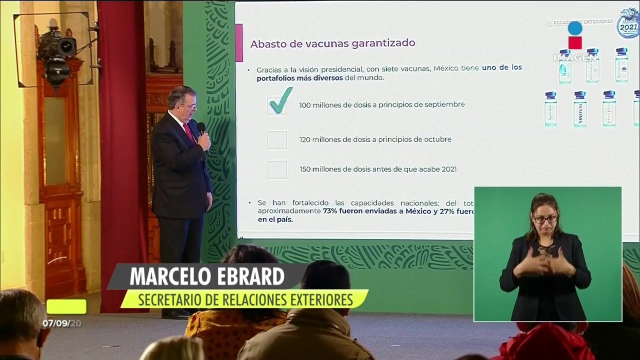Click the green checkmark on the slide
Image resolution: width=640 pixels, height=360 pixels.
point(280,101)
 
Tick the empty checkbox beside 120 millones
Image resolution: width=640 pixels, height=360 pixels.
point(276,140)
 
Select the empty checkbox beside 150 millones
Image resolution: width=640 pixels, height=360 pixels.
point(277,169)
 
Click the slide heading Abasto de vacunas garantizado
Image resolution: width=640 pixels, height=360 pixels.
point(332,43)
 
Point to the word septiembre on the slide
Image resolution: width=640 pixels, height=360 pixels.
point(444,104)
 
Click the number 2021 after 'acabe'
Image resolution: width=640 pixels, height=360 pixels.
point(449,169)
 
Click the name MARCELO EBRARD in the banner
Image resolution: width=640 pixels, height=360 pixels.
point(207,276)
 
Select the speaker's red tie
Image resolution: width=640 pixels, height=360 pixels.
point(189,132)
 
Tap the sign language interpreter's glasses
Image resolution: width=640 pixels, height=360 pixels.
point(545,219)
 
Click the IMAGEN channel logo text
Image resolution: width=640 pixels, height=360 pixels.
point(575,57)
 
